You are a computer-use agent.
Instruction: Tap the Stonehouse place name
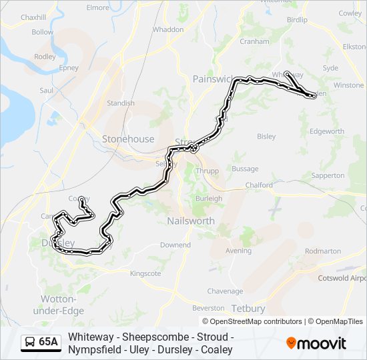(x=127, y=139)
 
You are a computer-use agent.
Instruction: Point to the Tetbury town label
(x=248, y=309)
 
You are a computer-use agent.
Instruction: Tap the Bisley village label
(x=266, y=137)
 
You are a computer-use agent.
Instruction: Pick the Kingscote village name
(x=146, y=273)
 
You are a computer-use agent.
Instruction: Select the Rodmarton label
(x=322, y=251)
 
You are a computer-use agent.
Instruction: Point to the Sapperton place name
(x=328, y=175)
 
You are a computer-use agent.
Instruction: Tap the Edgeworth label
(x=327, y=131)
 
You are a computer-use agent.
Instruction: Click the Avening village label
(x=239, y=251)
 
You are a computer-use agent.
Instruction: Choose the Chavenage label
(x=225, y=291)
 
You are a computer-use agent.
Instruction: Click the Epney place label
(x=68, y=67)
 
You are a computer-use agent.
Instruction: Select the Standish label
(x=121, y=103)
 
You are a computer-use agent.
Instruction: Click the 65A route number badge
(x=48, y=342)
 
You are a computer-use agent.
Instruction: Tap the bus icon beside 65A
(x=30, y=342)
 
